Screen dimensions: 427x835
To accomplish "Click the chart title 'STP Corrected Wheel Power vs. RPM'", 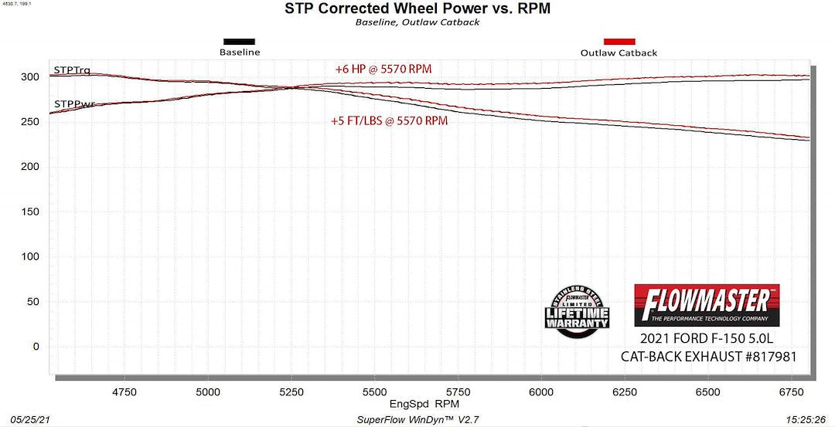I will point(417,9).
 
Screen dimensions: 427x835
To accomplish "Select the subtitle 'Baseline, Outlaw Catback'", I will point(417,22).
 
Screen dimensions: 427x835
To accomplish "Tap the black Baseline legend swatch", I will point(239,42).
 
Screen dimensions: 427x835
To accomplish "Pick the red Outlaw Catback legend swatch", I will point(619,42).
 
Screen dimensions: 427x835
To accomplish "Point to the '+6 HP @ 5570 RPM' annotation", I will point(383,69).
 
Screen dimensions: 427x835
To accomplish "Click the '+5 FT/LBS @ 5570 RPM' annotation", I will point(389,120).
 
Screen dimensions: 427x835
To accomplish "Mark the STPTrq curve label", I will point(72,70).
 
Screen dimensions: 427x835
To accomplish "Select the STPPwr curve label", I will point(74,103).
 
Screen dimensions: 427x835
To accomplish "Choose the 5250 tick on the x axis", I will point(291,392).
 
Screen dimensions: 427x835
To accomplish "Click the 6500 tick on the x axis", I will point(707,392).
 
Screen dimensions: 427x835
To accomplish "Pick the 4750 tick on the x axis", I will point(124,392).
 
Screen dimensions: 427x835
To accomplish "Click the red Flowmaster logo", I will point(706,304).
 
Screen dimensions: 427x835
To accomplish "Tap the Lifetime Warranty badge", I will point(579,312).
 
